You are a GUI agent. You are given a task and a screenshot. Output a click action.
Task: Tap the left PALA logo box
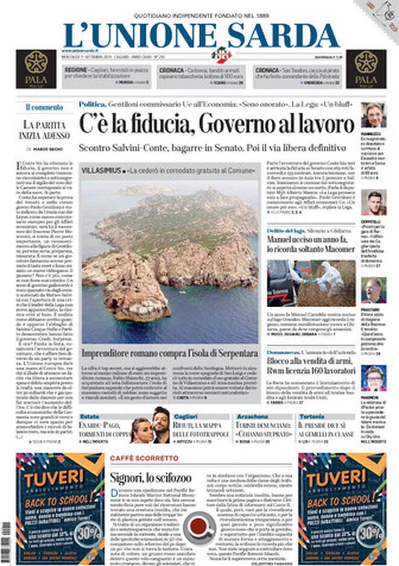(x=36, y=68)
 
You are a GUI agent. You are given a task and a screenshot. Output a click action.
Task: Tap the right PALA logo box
(x=366, y=68)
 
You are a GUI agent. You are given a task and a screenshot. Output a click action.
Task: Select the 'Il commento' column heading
(x=44, y=107)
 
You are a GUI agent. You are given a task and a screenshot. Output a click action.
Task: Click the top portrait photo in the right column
(x=374, y=115)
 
